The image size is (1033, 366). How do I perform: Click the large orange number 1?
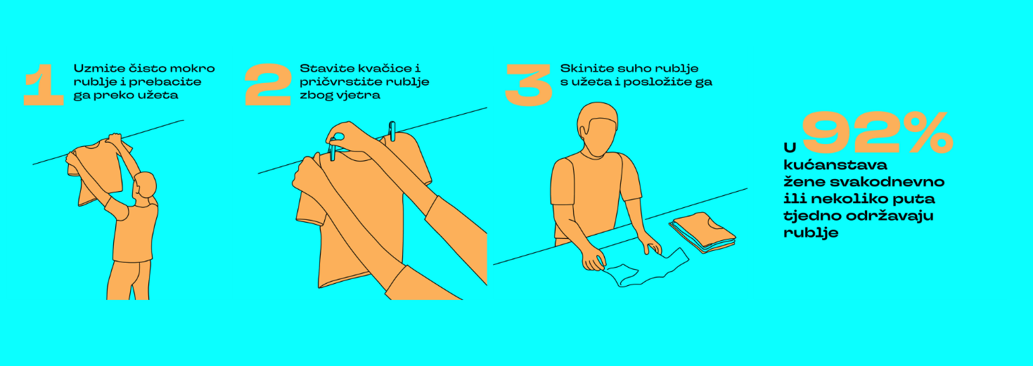[44, 85]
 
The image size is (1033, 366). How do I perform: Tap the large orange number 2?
[268, 85]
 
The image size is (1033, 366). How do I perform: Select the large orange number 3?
[529, 85]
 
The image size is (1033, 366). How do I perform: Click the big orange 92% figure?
[878, 133]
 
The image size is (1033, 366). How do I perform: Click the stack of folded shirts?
[702, 233]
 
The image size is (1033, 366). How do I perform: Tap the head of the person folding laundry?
[597, 129]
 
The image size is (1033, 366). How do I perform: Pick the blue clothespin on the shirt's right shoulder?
[392, 131]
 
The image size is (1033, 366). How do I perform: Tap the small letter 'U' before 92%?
[790, 148]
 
